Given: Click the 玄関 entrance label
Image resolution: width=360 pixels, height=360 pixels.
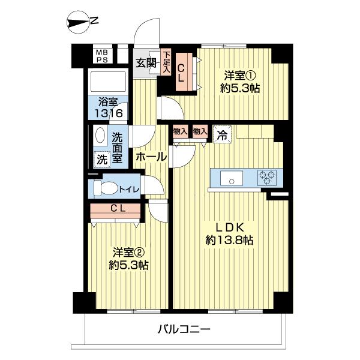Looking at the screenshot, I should click(x=146, y=63).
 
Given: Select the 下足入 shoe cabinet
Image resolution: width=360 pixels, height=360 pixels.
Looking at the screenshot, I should click(x=166, y=62).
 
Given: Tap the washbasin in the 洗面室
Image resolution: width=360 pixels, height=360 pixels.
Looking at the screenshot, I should click(x=100, y=137).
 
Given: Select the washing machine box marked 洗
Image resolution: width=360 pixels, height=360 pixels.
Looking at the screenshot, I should click(x=100, y=160).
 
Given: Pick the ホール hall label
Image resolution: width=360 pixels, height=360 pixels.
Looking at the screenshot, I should click(x=151, y=157).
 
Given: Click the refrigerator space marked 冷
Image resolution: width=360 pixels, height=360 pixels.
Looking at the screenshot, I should click(x=221, y=134).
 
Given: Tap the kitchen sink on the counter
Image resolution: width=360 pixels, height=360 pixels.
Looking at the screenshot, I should click(x=229, y=178).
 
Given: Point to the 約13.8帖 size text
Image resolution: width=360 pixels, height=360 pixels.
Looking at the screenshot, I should click(x=229, y=240).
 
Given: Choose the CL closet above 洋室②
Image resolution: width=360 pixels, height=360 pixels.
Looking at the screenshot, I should click(x=118, y=209).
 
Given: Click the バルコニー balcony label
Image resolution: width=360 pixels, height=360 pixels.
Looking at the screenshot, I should click(x=184, y=329).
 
